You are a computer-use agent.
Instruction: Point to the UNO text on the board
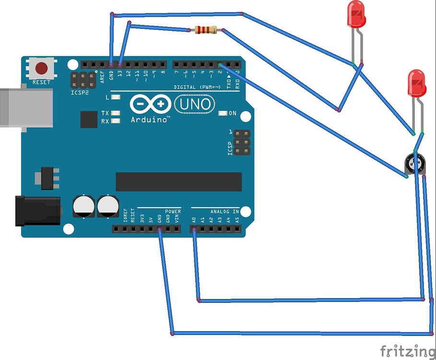click(194, 104)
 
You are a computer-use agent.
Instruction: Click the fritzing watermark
click(407, 350)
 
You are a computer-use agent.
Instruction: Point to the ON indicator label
click(232, 113)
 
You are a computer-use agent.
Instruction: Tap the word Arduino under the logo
click(150, 119)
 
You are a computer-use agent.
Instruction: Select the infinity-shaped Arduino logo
click(150, 104)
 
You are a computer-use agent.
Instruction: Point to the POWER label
click(173, 211)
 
